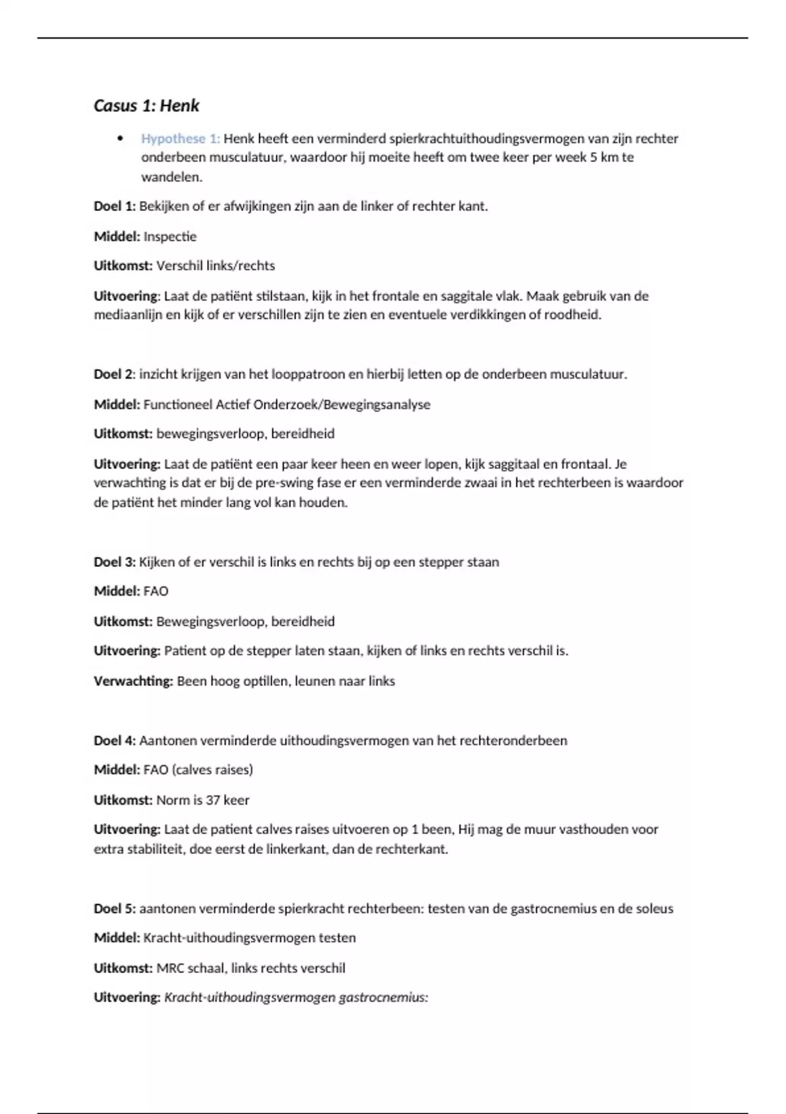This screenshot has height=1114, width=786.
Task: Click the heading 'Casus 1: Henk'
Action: (x=146, y=106)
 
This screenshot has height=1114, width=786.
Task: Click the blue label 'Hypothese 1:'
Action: (x=181, y=138)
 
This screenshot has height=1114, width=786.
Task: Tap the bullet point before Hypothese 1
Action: (x=120, y=138)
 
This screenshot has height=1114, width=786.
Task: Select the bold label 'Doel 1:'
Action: (x=115, y=206)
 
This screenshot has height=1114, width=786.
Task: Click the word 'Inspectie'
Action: (x=170, y=237)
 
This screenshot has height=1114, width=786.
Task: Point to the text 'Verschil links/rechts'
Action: (x=215, y=266)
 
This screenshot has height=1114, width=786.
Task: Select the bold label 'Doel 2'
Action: (x=113, y=375)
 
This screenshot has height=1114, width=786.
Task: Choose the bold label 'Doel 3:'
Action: (x=115, y=562)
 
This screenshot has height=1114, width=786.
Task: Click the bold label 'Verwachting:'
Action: (x=133, y=682)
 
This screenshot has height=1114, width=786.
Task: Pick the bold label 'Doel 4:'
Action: (x=115, y=741)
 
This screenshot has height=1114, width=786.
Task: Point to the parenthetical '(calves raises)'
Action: (x=212, y=770)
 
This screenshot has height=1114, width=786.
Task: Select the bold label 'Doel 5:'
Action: (x=115, y=909)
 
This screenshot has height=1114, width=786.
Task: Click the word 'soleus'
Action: (x=654, y=909)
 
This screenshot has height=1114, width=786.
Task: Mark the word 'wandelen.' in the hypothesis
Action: (x=172, y=177)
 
